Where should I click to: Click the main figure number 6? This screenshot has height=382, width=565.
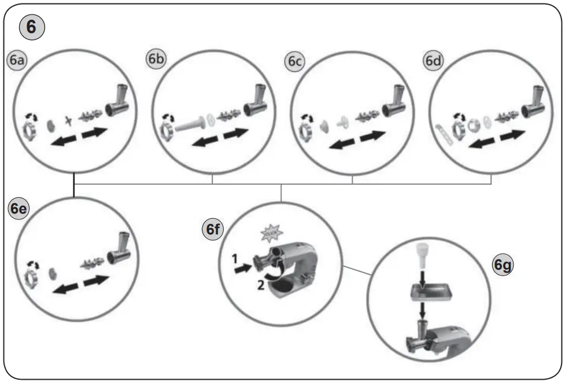31,27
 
